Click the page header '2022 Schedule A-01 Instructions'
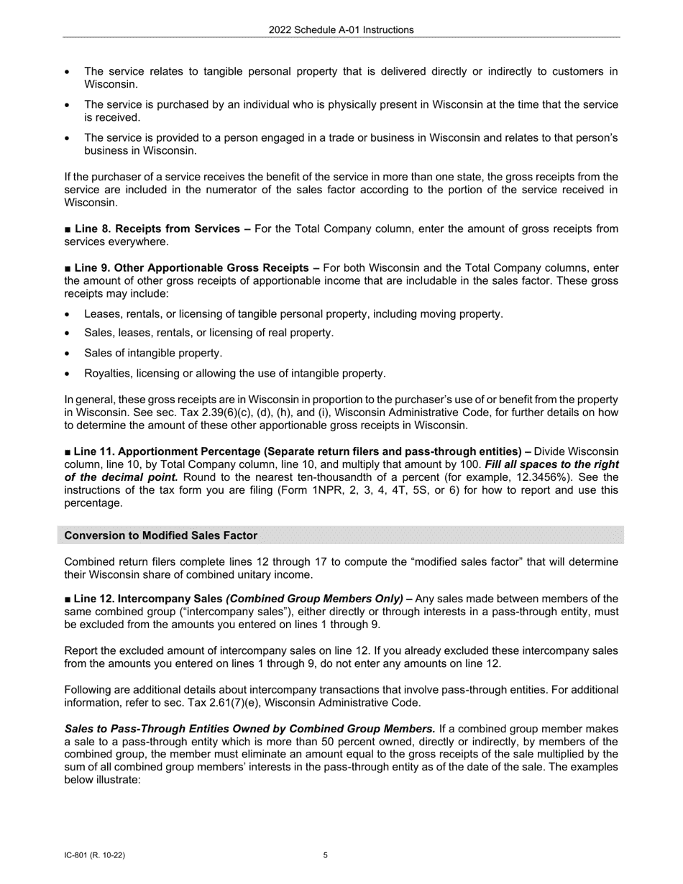pyautogui.click(x=341, y=29)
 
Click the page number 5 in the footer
pyautogui.click(x=326, y=855)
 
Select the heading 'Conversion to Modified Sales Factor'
pyautogui.click(x=160, y=535)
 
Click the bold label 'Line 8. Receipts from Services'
pyautogui.click(x=157, y=229)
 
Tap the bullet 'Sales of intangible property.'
pyautogui.click(x=153, y=353)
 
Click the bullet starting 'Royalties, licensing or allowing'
pyautogui.click(x=234, y=373)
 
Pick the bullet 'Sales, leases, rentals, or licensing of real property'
pyautogui.click(x=208, y=333)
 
